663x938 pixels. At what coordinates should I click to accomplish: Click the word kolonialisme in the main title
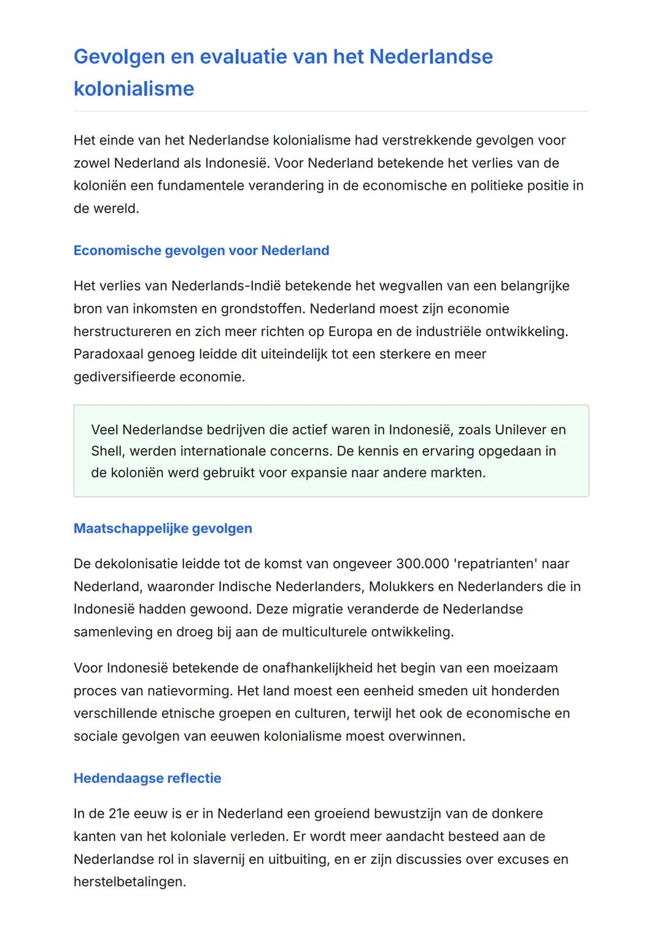pos(134,88)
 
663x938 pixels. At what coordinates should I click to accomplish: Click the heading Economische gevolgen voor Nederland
pos(201,251)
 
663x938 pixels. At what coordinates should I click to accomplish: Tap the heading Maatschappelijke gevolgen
pos(163,528)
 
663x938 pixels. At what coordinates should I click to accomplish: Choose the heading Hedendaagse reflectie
pos(147,778)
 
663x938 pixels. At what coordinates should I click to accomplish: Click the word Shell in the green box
pos(107,451)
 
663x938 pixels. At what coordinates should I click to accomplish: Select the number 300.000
pos(422,563)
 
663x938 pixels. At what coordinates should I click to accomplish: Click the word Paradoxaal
pos(108,354)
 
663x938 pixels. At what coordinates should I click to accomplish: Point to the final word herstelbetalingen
pos(130,881)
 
